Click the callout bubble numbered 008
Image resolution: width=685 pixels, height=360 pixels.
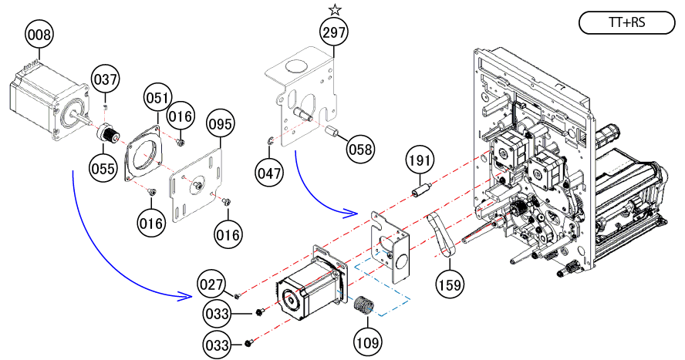tap(39, 35)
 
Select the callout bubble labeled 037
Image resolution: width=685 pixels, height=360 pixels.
tap(106, 79)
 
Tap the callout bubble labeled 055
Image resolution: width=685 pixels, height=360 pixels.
tap(104, 167)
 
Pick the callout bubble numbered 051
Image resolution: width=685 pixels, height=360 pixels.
tap(157, 98)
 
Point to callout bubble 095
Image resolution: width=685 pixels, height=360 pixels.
tap(221, 123)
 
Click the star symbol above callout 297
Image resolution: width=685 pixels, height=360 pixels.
tap(335, 10)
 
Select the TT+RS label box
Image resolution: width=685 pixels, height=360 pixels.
tap(626, 23)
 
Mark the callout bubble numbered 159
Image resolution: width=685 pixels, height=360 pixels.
tap(450, 284)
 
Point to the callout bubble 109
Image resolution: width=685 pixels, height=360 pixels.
tap(368, 339)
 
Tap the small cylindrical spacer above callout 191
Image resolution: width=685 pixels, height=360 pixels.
tap(420, 189)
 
